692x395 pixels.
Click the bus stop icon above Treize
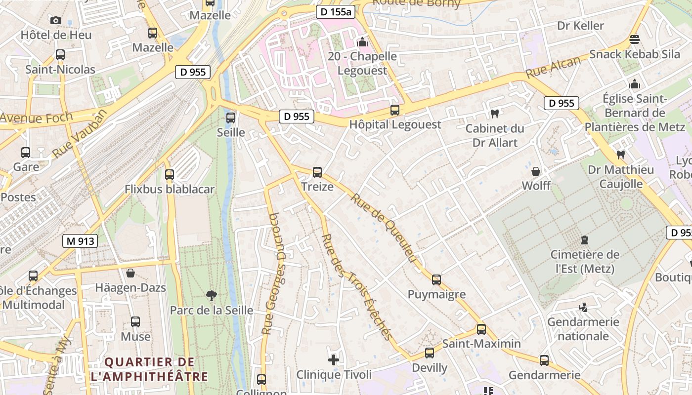317,172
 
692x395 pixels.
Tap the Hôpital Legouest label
395,124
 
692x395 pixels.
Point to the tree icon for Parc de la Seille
212,296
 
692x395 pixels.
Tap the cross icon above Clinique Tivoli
334,360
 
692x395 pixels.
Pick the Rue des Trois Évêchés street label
356,287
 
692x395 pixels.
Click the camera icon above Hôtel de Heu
56,20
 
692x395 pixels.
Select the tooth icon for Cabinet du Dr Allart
494,114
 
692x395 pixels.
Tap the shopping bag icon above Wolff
536,171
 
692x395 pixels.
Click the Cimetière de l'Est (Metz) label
585,262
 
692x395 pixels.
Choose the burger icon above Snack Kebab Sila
635,39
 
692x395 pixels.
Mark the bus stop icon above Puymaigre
436,280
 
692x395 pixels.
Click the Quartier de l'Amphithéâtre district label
149,369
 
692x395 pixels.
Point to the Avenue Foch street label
36,118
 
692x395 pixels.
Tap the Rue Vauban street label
80,134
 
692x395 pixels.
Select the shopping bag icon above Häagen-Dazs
130,273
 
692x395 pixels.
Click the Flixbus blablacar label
170,189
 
